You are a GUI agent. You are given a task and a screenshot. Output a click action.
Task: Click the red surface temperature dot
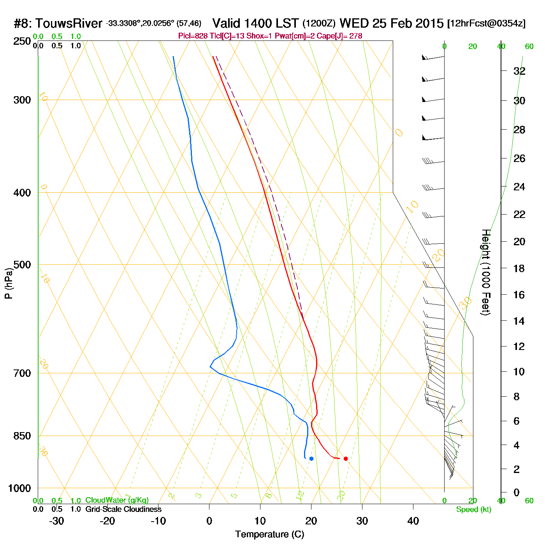(x=346, y=459)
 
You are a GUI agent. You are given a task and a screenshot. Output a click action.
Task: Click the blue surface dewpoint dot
(x=311, y=459)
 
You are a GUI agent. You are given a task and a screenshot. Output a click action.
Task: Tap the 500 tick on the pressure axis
(x=22, y=265)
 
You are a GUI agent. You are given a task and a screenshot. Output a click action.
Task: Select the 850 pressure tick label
(x=22, y=436)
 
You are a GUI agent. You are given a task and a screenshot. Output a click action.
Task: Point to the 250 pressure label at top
(x=22, y=41)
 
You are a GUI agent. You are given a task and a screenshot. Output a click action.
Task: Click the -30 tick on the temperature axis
(x=56, y=521)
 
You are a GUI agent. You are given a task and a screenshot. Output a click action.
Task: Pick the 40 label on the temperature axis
(x=413, y=521)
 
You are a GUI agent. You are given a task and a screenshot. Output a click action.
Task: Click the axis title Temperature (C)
(x=269, y=534)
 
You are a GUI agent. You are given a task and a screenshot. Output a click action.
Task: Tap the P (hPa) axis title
(x=9, y=283)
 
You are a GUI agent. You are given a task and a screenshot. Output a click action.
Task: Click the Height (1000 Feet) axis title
(x=486, y=272)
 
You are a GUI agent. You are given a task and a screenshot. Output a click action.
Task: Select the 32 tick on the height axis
(x=519, y=71)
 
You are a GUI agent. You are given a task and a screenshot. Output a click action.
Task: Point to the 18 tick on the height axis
(x=519, y=268)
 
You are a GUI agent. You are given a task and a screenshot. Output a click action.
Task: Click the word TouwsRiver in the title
(x=69, y=23)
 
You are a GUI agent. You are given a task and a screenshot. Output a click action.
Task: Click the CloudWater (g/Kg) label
(x=117, y=500)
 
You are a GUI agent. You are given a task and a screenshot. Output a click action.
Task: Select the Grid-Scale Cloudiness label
(x=123, y=509)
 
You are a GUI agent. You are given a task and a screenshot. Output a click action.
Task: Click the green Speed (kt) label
(x=474, y=510)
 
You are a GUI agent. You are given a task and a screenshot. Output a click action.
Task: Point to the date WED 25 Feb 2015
(x=391, y=23)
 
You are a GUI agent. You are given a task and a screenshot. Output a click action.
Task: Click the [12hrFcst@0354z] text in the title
(x=486, y=23)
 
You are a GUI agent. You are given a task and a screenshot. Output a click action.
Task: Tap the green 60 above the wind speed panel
(x=529, y=47)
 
